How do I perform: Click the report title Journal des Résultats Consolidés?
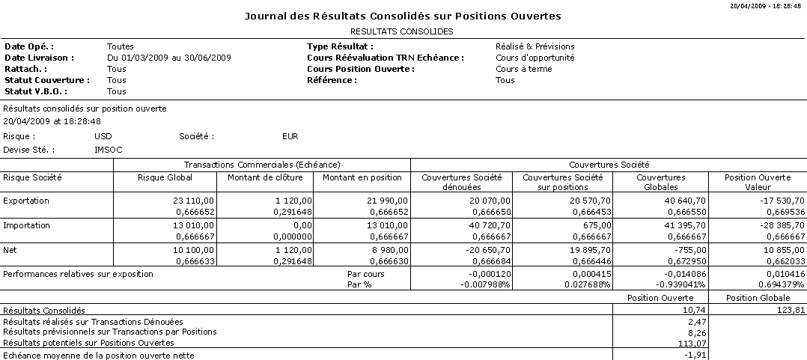click(x=403, y=16)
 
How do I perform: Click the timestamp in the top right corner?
click(x=768, y=4)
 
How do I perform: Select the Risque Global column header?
click(x=165, y=177)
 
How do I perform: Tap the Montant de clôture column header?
click(x=265, y=177)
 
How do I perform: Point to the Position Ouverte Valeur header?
click(x=758, y=182)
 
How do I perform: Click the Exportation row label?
click(x=26, y=201)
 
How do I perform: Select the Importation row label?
click(x=26, y=225)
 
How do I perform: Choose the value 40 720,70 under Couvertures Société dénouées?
click(x=487, y=225)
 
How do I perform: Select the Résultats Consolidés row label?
click(x=44, y=310)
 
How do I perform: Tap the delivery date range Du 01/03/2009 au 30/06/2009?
click(x=168, y=58)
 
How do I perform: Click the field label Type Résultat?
click(x=340, y=46)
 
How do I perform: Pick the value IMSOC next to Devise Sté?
click(x=108, y=150)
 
